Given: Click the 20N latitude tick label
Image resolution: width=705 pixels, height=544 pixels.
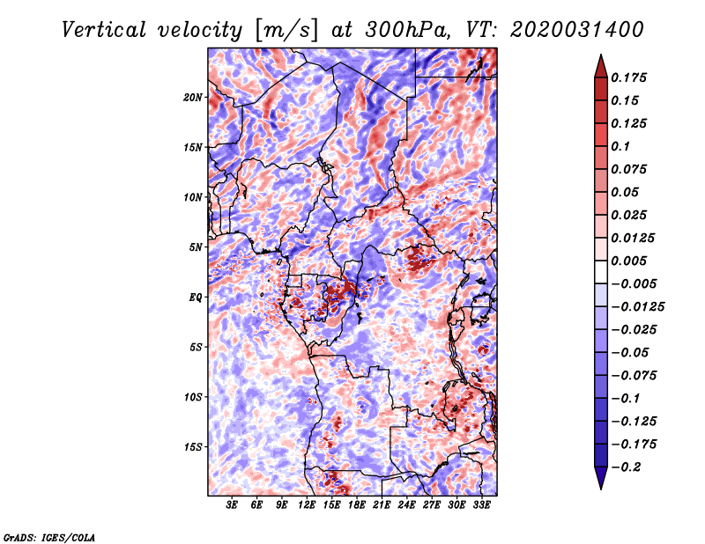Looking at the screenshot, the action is coord(192,98).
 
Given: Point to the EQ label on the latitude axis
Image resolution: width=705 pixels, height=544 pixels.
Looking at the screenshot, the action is coord(196,298).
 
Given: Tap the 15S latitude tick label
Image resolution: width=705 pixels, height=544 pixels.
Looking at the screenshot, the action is coord(193,447).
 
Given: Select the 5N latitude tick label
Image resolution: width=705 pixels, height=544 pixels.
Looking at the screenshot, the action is coord(196,247).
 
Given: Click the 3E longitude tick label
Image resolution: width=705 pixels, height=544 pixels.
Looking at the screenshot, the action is coord(232,505).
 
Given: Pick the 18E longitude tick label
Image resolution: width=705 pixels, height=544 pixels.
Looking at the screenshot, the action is coord(357,505).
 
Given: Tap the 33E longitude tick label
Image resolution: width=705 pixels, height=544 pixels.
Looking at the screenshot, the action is coord(481,505).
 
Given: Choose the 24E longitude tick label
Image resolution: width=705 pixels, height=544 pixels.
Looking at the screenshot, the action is coord(406,505).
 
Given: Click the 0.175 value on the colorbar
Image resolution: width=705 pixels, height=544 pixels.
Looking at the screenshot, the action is coord(628,77).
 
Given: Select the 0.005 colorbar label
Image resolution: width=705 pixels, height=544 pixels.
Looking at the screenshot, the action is coord(628,261).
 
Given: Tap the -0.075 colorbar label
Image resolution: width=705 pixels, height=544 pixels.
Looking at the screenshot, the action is coord(634,376).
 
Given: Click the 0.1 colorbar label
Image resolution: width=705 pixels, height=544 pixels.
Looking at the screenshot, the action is coord(620,146).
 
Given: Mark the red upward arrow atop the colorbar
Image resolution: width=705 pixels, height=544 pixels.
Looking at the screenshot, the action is coord(601,66).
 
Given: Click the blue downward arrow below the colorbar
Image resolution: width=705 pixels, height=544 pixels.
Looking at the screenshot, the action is coord(601,478).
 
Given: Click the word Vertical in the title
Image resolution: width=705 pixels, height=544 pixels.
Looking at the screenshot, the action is coord(103,30).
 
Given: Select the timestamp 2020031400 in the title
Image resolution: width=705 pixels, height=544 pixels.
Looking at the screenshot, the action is coord(577,30).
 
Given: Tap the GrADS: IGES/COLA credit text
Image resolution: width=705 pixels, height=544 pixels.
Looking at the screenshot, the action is coord(49,537).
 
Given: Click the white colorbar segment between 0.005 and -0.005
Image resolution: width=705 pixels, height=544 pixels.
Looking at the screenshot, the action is coord(601,272).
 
